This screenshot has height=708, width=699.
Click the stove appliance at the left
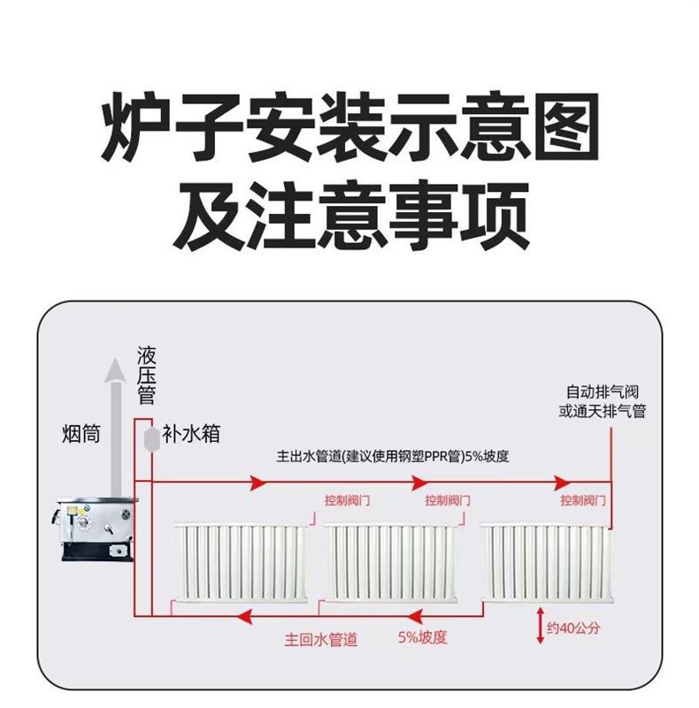pos(96,529)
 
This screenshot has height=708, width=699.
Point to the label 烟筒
pos(81,434)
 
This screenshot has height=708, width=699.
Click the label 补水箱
pos(191,435)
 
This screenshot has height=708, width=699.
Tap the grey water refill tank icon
pos(150,438)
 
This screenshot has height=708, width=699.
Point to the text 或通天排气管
pos(602,412)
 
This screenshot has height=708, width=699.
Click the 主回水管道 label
pos(321,639)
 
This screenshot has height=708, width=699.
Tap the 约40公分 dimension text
pos(573,629)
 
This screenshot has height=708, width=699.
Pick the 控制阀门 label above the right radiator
pos(583,501)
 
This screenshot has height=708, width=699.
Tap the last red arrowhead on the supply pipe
pos(561,483)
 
